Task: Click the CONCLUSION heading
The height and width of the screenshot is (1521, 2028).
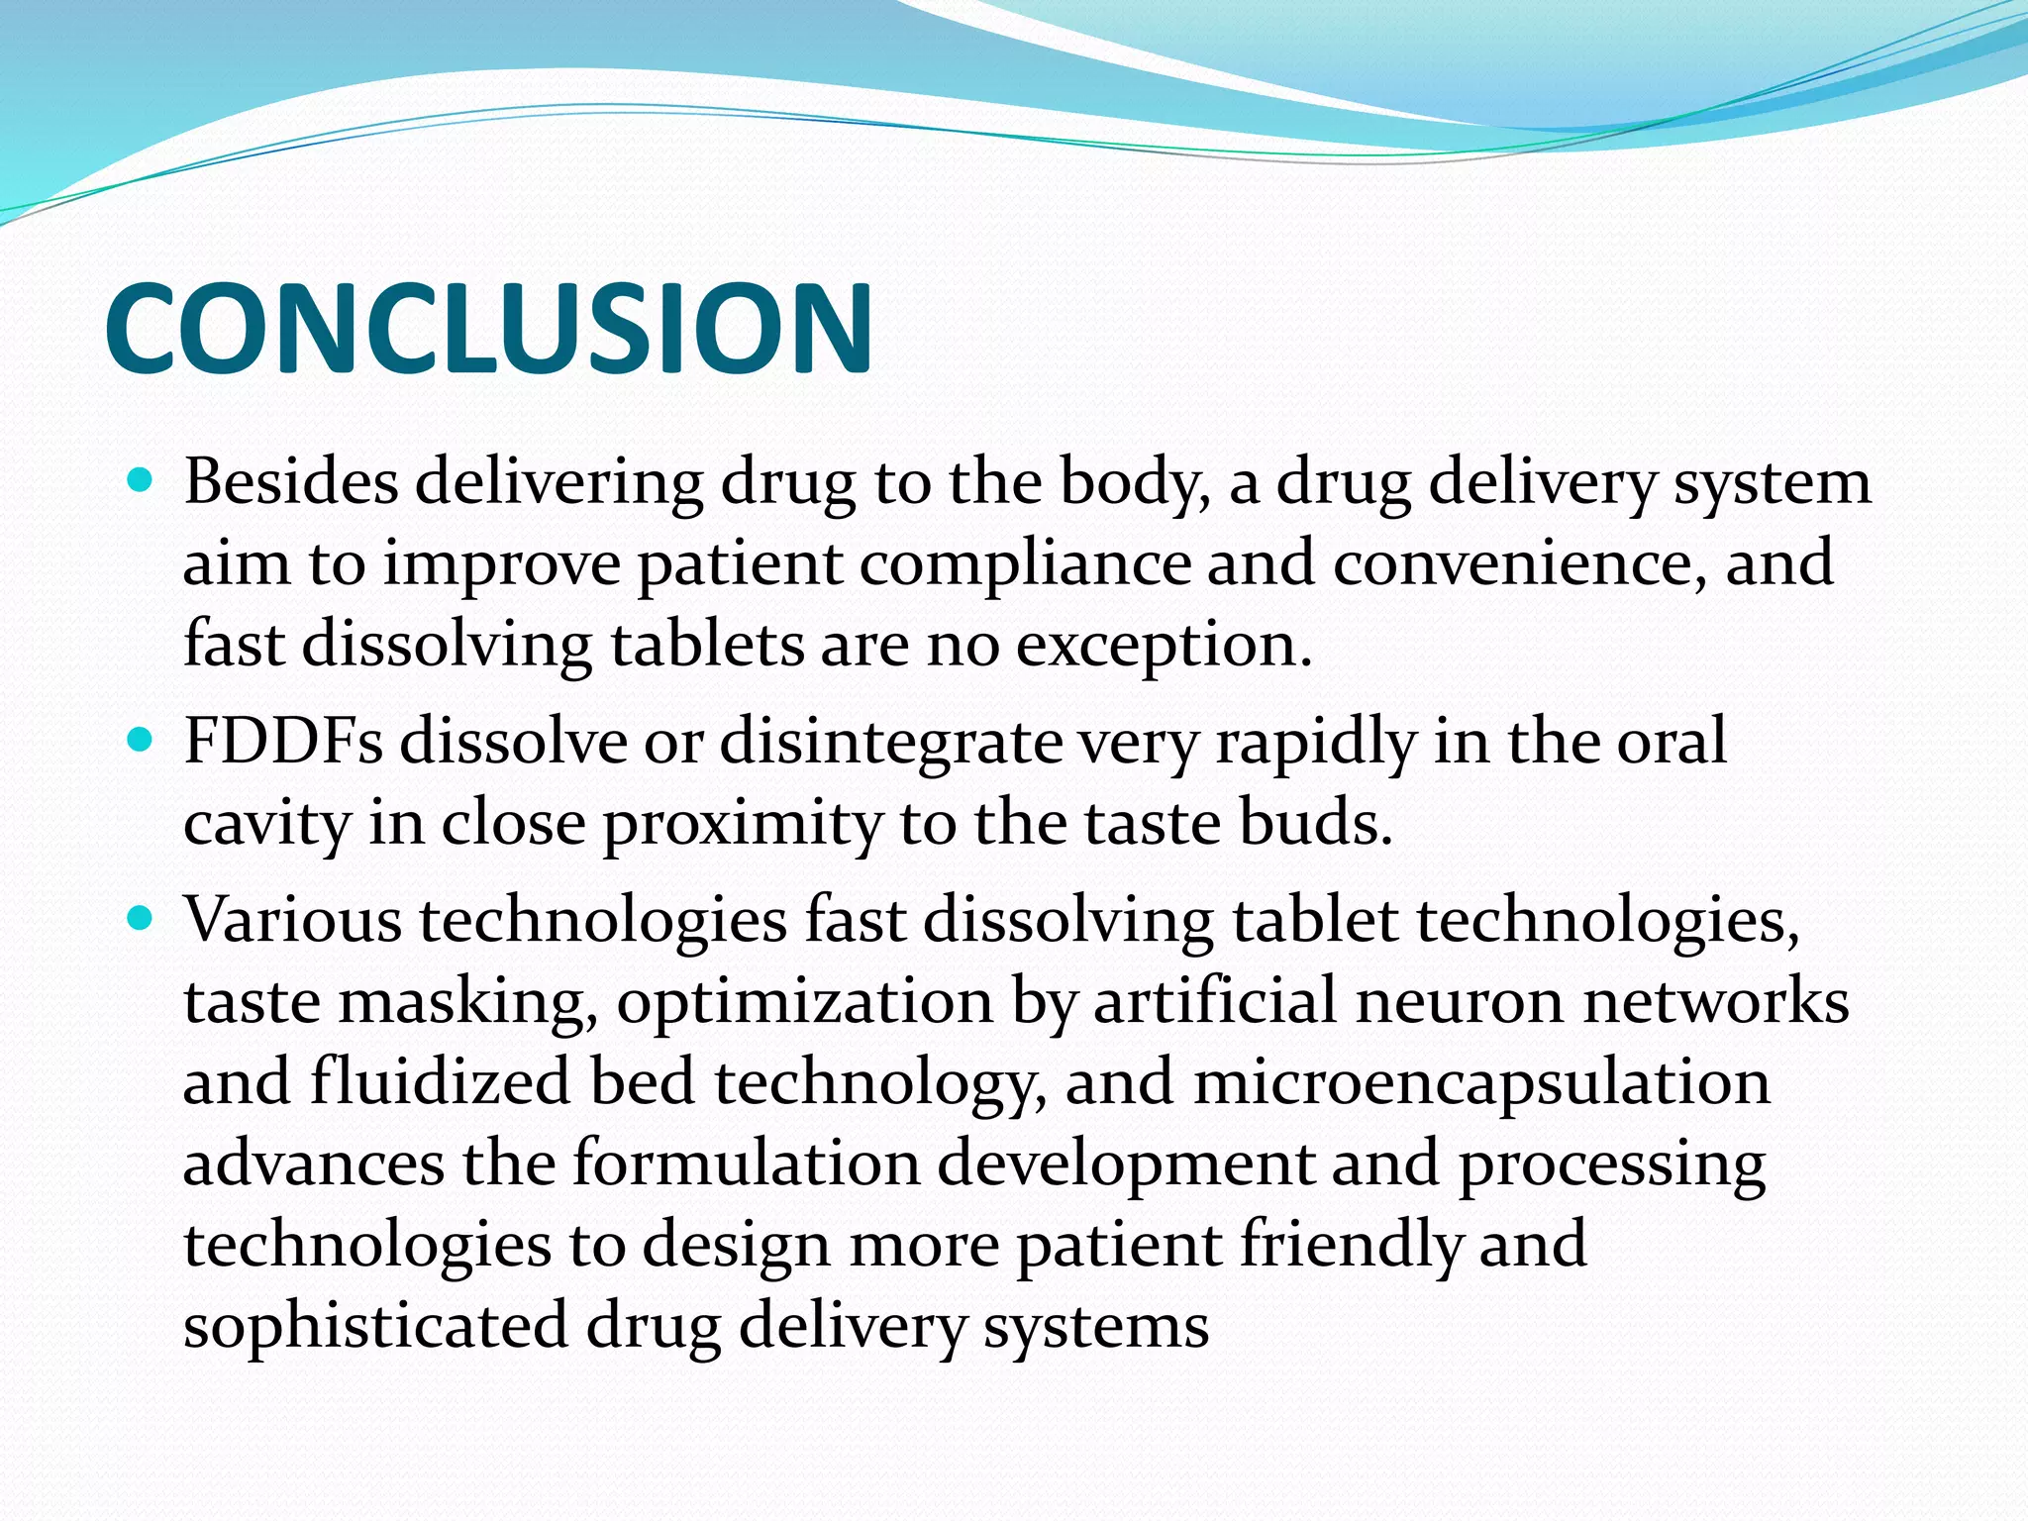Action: tap(488, 329)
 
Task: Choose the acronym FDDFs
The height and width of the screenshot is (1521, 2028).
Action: tap(283, 741)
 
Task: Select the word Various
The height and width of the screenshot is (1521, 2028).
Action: tap(292, 919)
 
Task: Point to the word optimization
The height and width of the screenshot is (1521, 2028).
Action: tap(804, 1002)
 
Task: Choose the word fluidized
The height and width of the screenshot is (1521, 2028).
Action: tap(440, 1081)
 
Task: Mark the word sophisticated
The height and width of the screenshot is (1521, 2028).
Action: tap(375, 1327)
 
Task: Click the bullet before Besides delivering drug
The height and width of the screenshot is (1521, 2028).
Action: tap(142, 482)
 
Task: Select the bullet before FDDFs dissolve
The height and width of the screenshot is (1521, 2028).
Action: tap(142, 740)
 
